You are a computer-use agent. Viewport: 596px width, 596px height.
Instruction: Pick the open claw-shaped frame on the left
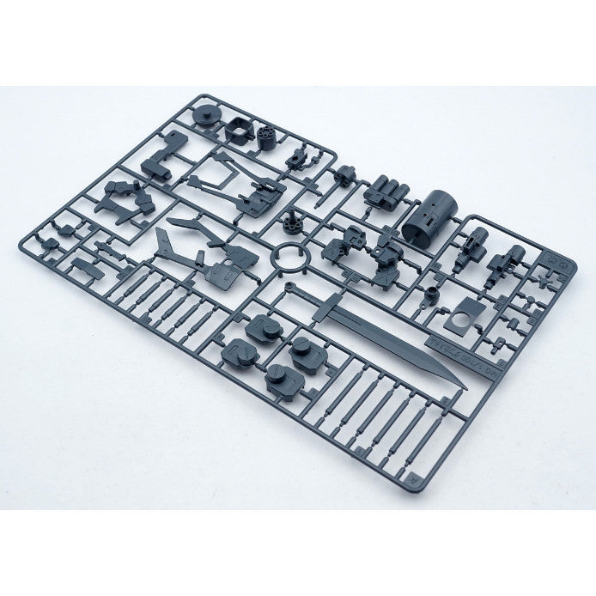125,199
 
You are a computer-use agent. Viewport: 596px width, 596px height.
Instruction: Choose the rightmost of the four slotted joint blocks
302,346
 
